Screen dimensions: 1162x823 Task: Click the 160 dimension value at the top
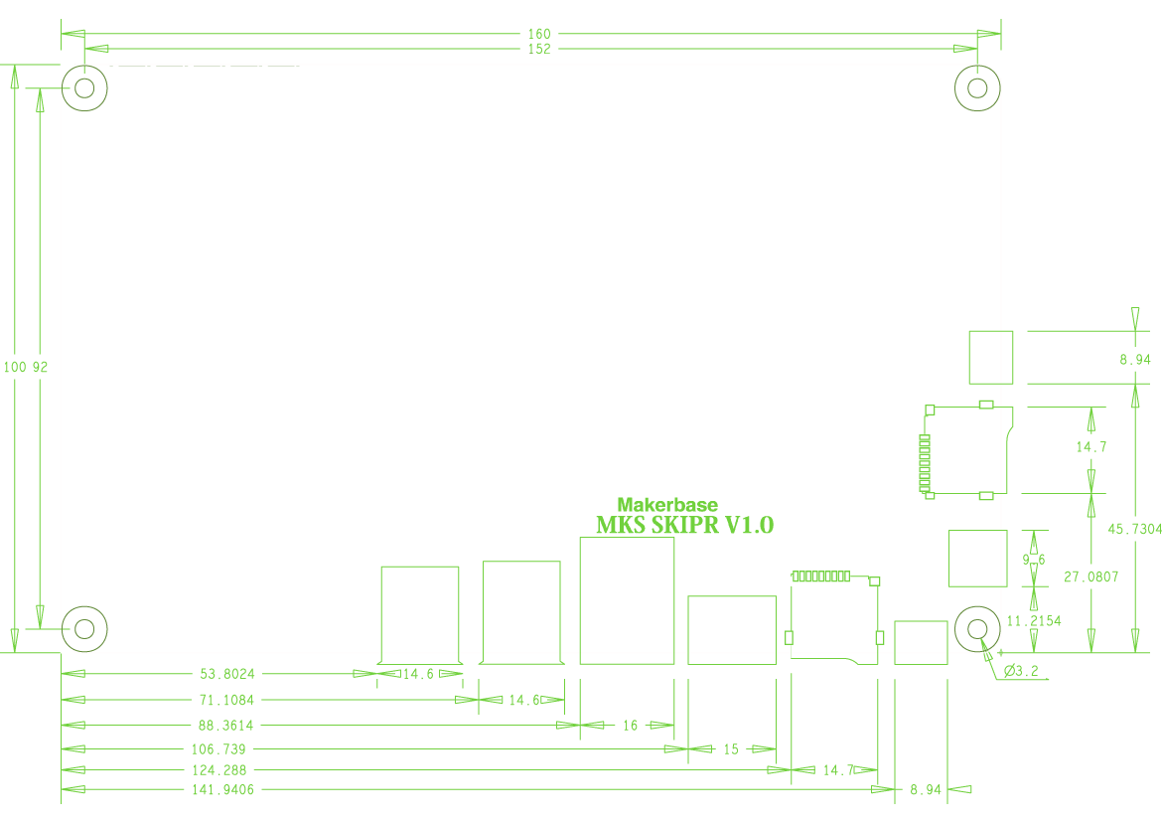[539, 34]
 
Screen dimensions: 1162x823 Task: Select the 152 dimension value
[539, 49]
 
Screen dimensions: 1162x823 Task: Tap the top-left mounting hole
[84, 88]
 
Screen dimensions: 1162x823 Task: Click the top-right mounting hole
[977, 88]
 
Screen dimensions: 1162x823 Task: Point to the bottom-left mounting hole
[84, 629]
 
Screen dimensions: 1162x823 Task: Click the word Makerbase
[667, 505]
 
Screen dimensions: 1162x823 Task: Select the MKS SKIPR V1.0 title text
[684, 525]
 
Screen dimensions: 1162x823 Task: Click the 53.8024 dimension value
[227, 674]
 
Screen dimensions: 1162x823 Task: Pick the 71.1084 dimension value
[226, 700]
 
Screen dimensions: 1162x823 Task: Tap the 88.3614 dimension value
[226, 726]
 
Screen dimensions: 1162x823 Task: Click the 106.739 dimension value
[218, 749]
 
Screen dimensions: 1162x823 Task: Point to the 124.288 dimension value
[219, 770]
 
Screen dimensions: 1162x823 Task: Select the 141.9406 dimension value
[223, 790]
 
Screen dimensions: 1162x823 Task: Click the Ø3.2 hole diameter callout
[1021, 671]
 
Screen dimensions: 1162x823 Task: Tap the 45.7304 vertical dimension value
[1134, 530]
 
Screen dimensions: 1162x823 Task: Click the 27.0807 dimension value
[1090, 576]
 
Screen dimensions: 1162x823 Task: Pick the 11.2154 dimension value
[1034, 621]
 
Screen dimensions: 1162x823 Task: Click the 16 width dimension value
[630, 726]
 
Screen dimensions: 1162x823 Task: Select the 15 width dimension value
[731, 749]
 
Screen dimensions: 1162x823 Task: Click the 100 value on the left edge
[15, 367]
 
